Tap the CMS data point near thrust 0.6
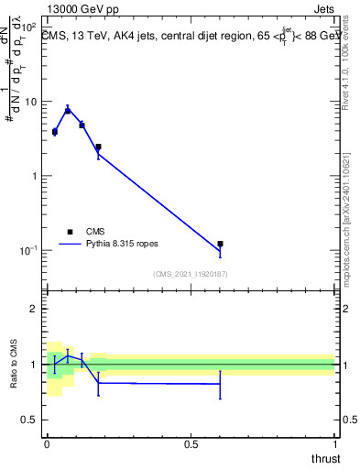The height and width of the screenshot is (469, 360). click(220, 244)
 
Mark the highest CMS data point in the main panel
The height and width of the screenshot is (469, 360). click(68, 110)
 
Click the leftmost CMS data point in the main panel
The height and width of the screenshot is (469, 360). click(54, 132)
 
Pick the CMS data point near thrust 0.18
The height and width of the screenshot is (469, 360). click(98, 147)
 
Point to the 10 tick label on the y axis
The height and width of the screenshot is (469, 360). click(29, 102)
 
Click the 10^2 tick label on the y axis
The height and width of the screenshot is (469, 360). click(27, 27)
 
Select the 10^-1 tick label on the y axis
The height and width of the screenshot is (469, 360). click(27, 250)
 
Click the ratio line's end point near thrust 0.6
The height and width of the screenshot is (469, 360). click(220, 384)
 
